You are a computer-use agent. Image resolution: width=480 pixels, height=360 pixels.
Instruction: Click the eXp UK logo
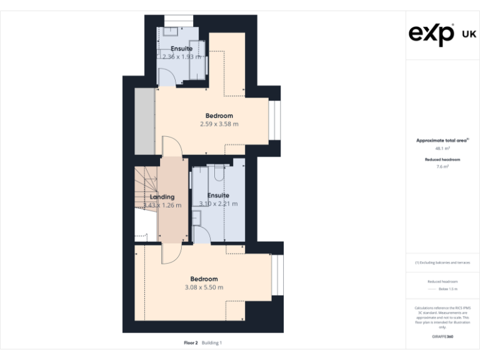[442, 34]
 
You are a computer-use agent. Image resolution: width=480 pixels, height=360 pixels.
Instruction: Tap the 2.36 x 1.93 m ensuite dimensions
[181, 57]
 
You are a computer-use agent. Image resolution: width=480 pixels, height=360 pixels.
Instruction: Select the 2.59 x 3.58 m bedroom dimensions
[219, 124]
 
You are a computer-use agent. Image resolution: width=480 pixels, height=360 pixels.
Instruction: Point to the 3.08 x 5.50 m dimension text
[204, 287]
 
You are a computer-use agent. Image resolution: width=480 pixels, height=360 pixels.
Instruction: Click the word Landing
[162, 197]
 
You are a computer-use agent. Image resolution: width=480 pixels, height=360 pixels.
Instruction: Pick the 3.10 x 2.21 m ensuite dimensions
[218, 204]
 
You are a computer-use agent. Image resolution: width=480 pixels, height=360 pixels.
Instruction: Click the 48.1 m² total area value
[442, 149]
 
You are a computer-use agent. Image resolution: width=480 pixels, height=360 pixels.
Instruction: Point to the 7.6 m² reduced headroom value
[442, 167]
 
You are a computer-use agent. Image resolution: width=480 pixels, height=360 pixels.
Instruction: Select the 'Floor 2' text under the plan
[191, 343]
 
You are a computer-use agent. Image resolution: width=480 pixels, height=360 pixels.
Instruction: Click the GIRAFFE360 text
[442, 337]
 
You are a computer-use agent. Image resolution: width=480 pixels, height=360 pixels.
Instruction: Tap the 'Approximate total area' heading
[442, 141]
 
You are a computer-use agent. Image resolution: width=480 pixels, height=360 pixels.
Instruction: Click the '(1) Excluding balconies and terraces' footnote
[442, 263]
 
